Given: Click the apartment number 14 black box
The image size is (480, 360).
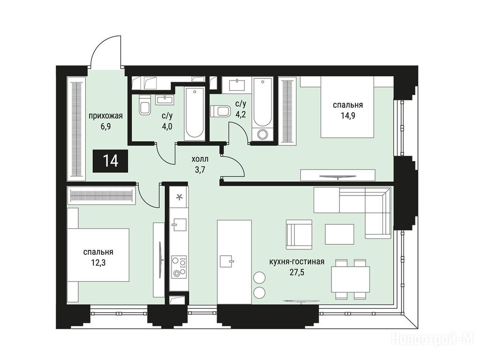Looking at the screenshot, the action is (x=110, y=161).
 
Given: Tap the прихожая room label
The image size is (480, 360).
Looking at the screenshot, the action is (x=105, y=116).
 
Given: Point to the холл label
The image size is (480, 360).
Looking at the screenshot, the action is (x=200, y=159).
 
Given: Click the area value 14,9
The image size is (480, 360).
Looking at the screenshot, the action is (x=348, y=116).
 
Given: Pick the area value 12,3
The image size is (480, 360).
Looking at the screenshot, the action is (x=98, y=262).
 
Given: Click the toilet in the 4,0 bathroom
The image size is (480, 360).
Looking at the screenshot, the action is (x=144, y=105).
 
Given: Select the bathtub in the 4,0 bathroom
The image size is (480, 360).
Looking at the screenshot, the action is (x=195, y=113).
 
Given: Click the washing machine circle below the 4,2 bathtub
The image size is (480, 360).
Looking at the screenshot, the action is (x=262, y=135).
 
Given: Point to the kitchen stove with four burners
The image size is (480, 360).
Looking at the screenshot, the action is (x=179, y=267).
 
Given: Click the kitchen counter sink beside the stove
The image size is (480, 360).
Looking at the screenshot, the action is (x=179, y=225).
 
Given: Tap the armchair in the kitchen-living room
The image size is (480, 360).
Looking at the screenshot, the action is (x=299, y=234).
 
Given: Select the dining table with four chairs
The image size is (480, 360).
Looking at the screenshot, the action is (x=351, y=279).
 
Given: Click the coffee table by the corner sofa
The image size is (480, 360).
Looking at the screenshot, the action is (x=339, y=234).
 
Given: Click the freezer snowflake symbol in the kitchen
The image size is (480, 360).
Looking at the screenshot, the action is (x=180, y=197).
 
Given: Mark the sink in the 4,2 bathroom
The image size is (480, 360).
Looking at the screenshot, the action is (x=237, y=84).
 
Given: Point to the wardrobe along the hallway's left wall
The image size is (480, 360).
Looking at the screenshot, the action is (x=76, y=127).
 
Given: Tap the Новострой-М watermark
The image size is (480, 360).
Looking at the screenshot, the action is (x=433, y=339).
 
